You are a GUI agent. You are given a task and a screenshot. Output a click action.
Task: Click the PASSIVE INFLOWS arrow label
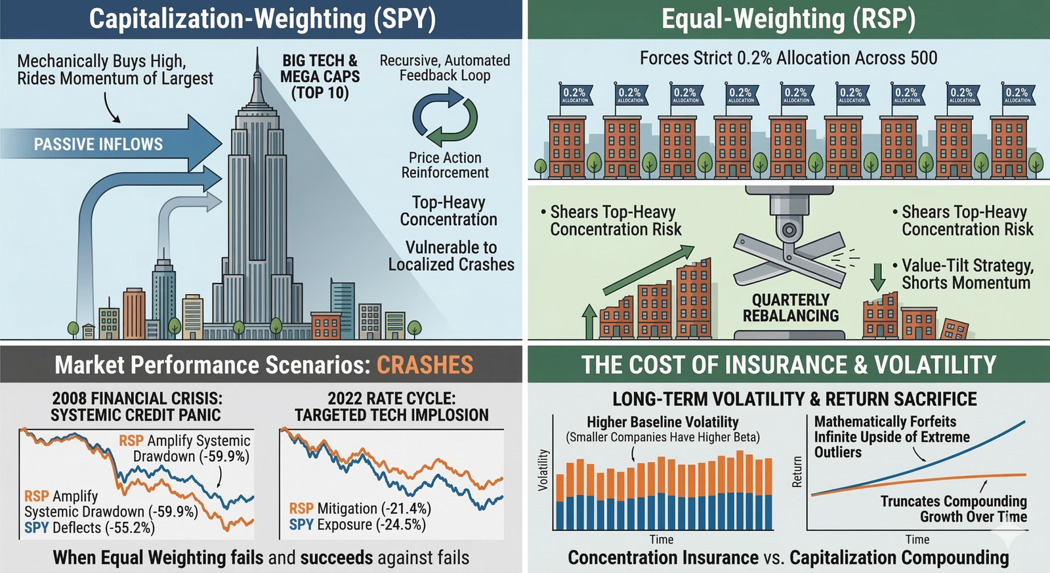tap(98, 144)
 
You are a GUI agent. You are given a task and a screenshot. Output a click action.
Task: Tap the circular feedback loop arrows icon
tap(445, 118)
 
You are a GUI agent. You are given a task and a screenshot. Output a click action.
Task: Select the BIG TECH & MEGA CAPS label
tap(320, 77)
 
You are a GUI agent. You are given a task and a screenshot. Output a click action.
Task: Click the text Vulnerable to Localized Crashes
tap(451, 256)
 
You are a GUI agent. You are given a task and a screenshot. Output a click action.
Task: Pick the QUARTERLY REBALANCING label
tap(791, 308)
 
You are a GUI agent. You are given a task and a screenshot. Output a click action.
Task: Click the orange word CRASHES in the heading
tap(425, 365)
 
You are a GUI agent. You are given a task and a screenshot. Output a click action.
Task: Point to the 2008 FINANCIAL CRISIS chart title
tap(136, 407)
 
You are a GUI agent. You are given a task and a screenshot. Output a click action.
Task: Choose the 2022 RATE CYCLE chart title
tap(392, 407)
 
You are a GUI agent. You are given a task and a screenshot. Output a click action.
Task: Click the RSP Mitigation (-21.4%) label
tap(360, 509)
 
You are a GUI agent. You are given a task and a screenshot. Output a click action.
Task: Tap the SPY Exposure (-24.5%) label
tap(357, 525)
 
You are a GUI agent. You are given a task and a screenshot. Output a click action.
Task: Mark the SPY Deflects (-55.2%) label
tap(89, 528)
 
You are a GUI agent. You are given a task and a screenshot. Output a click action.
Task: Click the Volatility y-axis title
tap(543, 470)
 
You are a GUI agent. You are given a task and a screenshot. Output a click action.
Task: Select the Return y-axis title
tap(797, 471)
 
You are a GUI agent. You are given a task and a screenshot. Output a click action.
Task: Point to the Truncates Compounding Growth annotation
tap(954, 509)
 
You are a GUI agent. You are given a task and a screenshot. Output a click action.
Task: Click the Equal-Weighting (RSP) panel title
tap(788, 19)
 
